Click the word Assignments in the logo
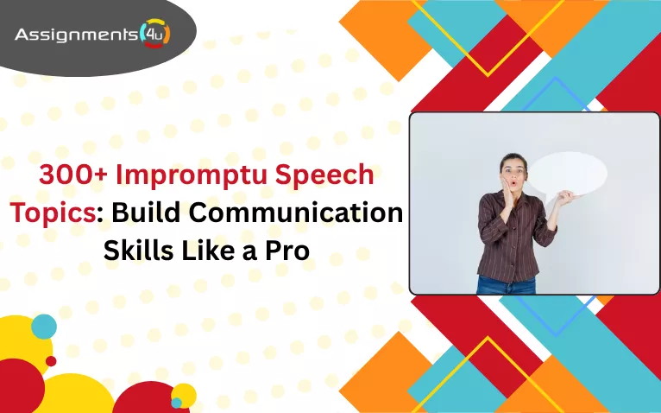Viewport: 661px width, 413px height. tap(76, 35)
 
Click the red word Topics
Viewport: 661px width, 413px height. tap(51, 213)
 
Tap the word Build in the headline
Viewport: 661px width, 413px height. tap(148, 213)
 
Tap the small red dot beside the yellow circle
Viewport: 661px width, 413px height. tap(51, 360)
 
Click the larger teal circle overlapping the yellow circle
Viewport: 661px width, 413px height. tap(44, 327)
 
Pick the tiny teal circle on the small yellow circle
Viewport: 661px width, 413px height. tap(177, 403)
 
